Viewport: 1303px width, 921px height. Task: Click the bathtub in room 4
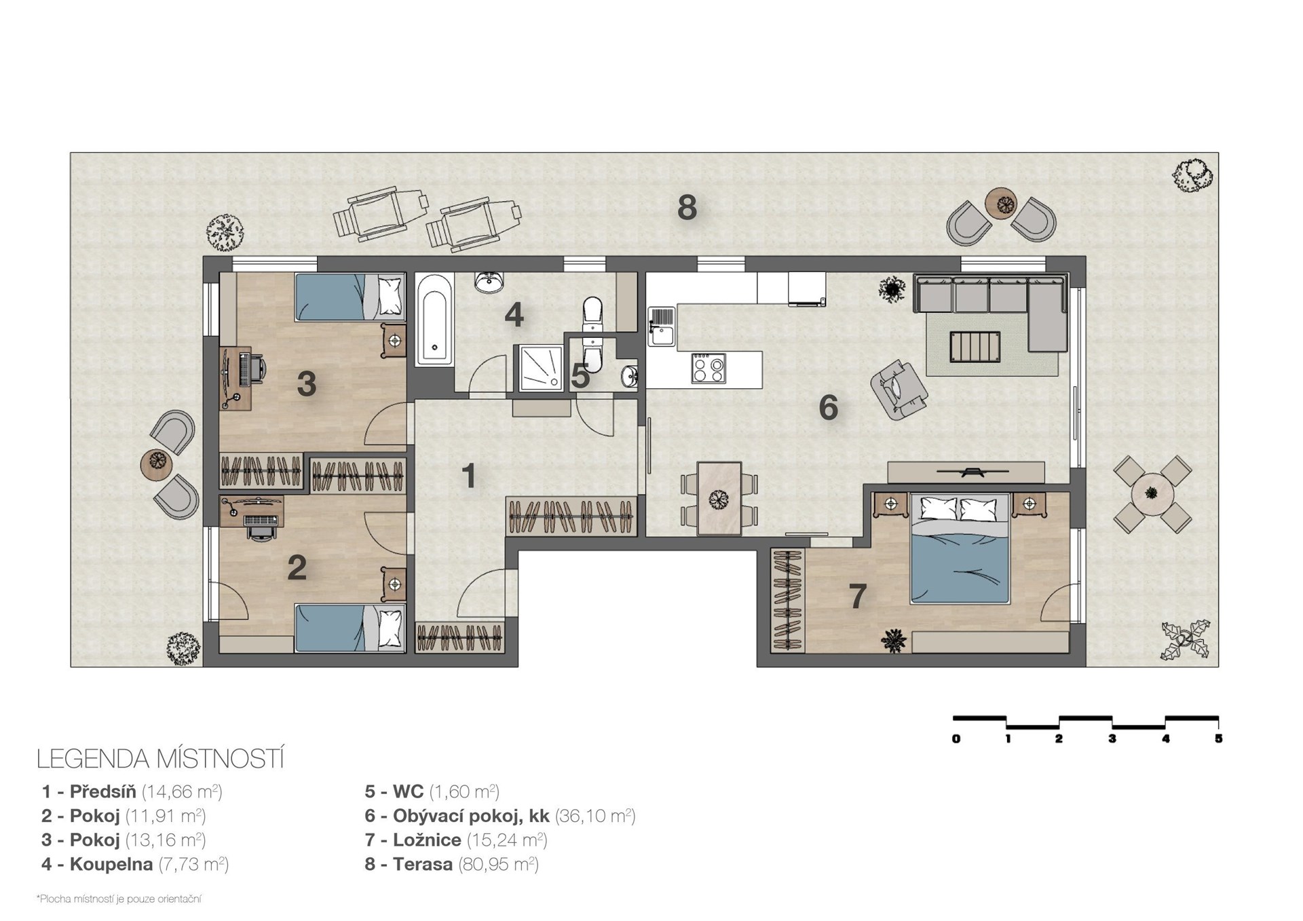[434, 319]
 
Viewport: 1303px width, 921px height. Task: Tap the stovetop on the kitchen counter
[709, 369]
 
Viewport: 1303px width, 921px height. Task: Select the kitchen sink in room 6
[661, 326]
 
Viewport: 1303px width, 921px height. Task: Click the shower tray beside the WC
[541, 368]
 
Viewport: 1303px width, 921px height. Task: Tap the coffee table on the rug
[975, 346]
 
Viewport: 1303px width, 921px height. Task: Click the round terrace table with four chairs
[1152, 493]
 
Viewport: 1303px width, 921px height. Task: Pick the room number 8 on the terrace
[687, 208]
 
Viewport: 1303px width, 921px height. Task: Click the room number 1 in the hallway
[469, 476]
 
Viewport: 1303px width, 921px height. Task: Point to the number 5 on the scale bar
[1218, 738]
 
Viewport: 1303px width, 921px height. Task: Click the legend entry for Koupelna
[135, 864]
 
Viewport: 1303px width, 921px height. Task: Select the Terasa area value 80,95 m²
[498, 864]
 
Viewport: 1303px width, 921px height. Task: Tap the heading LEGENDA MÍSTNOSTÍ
[160, 759]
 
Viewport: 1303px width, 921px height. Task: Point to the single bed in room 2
[350, 628]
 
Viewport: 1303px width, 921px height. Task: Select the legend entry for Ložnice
[455, 840]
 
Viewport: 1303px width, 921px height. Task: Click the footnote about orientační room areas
[119, 899]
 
